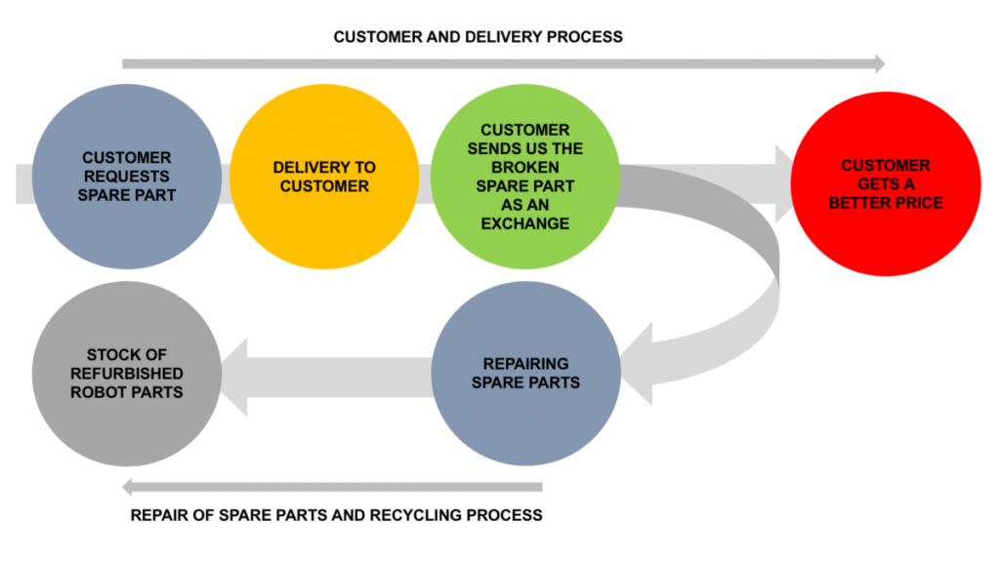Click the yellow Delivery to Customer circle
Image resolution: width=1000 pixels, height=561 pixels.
coord(324,178)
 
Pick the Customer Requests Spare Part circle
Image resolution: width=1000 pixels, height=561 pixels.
coord(126,178)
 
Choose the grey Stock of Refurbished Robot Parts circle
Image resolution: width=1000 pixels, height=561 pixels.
coord(126,374)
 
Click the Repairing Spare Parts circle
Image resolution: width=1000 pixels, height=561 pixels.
coord(525,374)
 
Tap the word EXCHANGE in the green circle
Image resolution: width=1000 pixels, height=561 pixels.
coord(525,223)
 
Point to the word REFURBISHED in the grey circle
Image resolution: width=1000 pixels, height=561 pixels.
coord(126,374)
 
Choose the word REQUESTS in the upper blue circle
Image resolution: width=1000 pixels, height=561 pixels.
coord(126,177)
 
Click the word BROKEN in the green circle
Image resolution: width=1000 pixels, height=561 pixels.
coord(524,167)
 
